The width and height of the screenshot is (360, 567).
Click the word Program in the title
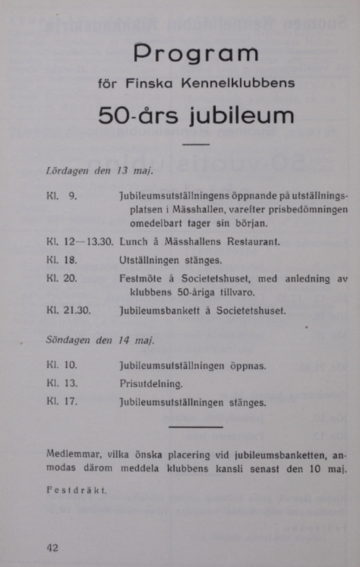pyautogui.click(x=196, y=54)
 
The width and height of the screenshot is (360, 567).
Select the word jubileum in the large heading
pyautogui.click(x=242, y=116)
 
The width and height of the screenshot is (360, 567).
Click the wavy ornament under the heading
pyautogui.click(x=196, y=145)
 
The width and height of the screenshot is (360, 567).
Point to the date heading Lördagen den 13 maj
pyautogui.click(x=100, y=170)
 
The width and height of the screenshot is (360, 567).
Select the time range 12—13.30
pyautogui.click(x=89, y=242)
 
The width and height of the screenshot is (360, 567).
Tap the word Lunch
pyautogui.click(x=134, y=242)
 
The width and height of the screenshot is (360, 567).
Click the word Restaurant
pyautogui.click(x=253, y=242)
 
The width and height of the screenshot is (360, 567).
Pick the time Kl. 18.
pyautogui.click(x=62, y=260)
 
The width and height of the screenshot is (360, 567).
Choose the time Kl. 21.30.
pyautogui.click(x=69, y=310)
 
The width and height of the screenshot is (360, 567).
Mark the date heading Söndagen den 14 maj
pyautogui.click(x=100, y=340)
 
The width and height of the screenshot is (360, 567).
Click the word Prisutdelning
pyautogui.click(x=151, y=384)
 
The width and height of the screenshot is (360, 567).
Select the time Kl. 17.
pyautogui.click(x=62, y=401)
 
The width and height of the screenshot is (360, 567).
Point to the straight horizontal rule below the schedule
pyautogui.click(x=196, y=427)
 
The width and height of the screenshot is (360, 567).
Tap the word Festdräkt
pyautogui.click(x=76, y=490)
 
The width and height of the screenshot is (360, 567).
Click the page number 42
pyautogui.click(x=52, y=548)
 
